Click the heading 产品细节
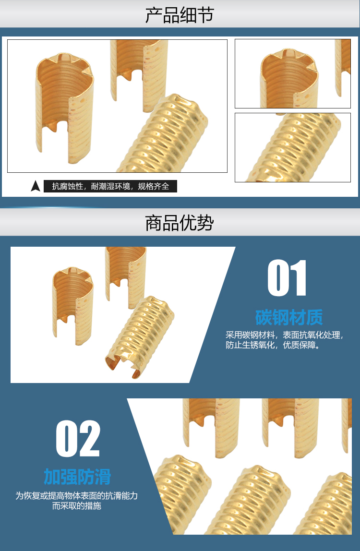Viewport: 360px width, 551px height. (180, 15)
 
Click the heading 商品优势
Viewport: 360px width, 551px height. (180, 223)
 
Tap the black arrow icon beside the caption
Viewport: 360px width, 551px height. (36, 186)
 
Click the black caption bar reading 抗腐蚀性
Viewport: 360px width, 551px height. (110, 186)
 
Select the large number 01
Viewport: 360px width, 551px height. (287, 278)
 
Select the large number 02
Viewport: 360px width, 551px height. (78, 439)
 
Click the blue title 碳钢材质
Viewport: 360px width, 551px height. (289, 317)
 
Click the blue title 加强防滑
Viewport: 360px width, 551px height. (77, 477)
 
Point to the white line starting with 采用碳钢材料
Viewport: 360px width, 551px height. (284, 335)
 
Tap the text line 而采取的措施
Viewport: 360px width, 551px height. (77, 506)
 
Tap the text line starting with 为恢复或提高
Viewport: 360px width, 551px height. (77, 495)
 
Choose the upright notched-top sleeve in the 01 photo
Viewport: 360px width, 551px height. (73, 305)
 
